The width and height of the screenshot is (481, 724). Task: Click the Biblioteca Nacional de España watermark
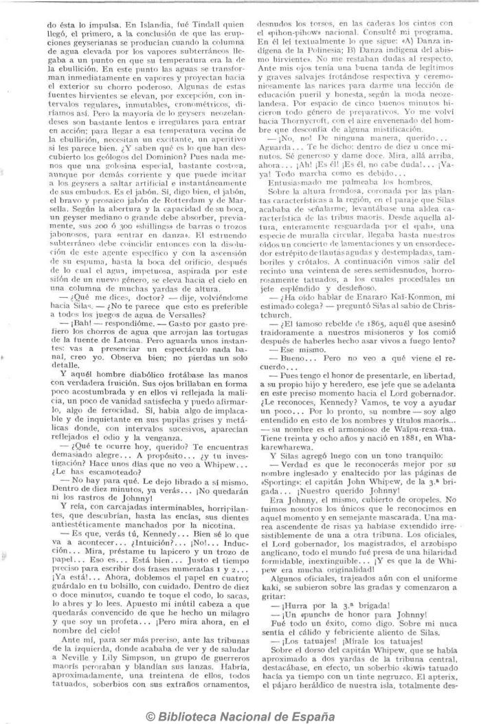coord(240,714)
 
